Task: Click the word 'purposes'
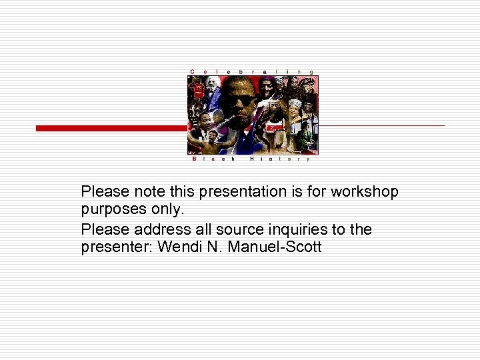coord(111,210)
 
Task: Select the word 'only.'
coord(165,210)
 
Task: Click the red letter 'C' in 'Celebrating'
coord(193,71)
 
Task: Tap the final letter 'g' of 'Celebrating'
coord(312,71)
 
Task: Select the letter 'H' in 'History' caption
coord(252,159)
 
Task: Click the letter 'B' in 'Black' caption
coord(194,159)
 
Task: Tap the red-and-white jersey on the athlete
coord(274,127)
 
